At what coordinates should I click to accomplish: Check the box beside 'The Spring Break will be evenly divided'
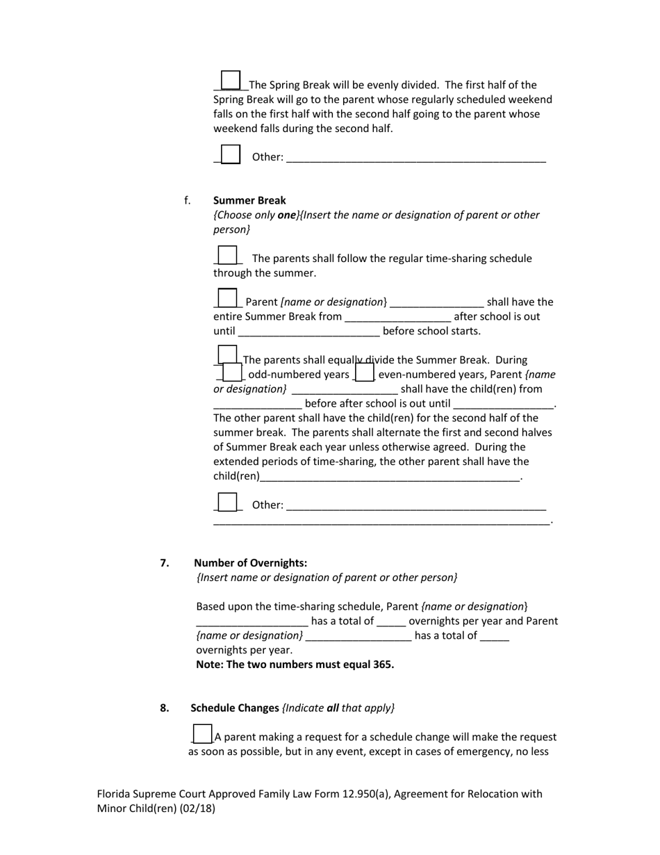coord(231,81)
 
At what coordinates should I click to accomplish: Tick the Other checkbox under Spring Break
coord(231,154)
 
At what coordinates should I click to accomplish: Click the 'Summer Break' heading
coord(249,200)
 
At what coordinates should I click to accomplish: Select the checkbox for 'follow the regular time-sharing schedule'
coord(227,255)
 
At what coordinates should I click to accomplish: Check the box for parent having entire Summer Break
coord(227,298)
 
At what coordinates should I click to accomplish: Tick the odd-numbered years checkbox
coord(233,373)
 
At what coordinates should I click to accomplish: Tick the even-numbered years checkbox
coord(365,373)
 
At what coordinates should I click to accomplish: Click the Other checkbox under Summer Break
coord(227,502)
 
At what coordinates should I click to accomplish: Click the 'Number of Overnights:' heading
coord(250,563)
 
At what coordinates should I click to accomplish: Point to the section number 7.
coord(165,563)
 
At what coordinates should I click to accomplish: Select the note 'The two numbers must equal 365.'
coord(295,665)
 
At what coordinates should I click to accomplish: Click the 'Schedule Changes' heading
coord(235,708)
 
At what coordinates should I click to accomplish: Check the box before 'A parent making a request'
coord(202,734)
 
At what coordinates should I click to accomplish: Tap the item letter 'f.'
coord(188,200)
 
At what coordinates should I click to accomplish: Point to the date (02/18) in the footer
coord(199,808)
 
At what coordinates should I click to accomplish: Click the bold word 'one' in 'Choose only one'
coord(287,215)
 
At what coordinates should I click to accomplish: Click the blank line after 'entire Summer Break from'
coord(397,317)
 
